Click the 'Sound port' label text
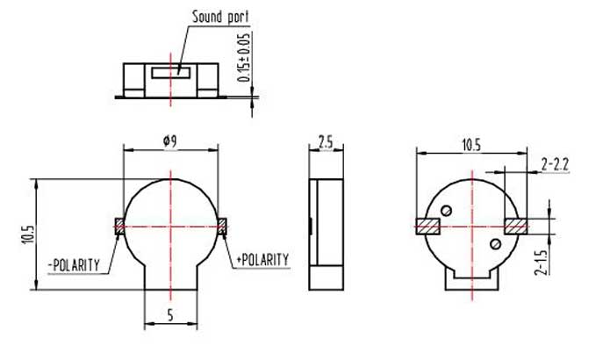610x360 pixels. pos(219,16)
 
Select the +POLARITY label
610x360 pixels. pos(263,260)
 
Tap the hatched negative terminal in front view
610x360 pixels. pos(119,226)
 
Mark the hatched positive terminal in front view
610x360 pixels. pos(223,226)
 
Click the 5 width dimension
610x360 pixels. pos(169,314)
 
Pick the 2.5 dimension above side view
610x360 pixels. pos(324,140)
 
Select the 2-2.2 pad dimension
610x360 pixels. pos(556,163)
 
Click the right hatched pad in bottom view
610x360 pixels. pos(516,226)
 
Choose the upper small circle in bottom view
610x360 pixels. pos(448,210)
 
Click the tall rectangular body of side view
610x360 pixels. pos(324,233)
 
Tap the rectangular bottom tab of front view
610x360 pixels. pos(169,277)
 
